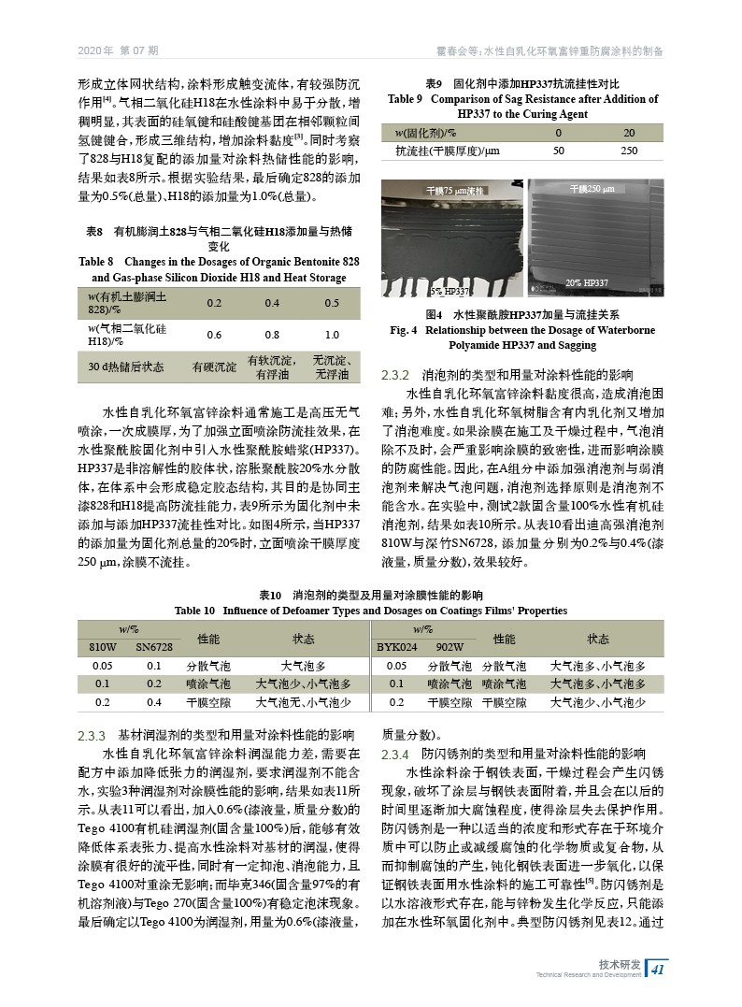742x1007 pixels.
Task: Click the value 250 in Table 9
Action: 629,150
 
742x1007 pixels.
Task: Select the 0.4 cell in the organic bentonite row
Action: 272,303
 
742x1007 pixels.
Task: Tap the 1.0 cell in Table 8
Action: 332,335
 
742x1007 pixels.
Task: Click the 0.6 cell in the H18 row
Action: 214,335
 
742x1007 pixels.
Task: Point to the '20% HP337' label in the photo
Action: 588,282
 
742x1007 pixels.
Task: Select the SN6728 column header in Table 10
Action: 154,646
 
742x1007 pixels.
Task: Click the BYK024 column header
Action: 396,646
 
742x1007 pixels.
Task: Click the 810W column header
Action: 103,646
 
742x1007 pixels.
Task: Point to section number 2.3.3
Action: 94,734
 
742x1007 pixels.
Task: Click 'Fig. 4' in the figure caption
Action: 406,330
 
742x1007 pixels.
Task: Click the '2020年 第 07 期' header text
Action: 118,50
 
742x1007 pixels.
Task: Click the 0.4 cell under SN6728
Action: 154,701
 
